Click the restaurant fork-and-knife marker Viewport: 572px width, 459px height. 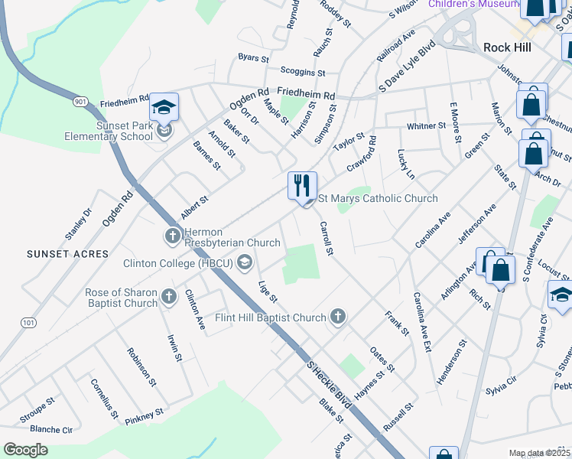pos(302,186)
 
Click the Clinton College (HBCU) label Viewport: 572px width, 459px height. pos(180,264)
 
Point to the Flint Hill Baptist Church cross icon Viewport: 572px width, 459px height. pos(337,317)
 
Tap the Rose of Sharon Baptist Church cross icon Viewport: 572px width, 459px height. pos(169,296)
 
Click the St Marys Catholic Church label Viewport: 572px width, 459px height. pos(377,199)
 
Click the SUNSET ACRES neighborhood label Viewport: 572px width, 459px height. pos(67,253)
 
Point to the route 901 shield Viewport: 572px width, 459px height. pos(81,100)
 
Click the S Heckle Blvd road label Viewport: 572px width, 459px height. pos(328,385)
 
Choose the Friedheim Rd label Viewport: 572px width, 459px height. pos(306,96)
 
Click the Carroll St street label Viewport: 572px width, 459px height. pos(327,239)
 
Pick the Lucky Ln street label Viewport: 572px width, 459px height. pos(405,164)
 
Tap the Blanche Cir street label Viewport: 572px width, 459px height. pos(51,430)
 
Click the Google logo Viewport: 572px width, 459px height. pos(26,450)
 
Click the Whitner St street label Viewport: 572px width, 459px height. pos(427,125)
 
